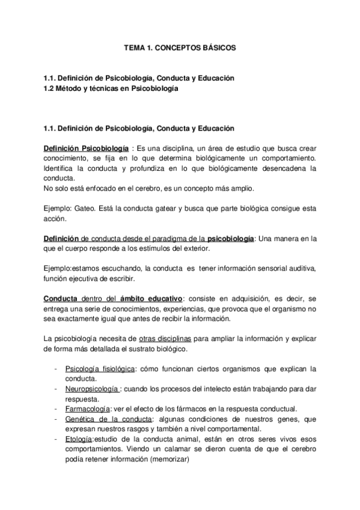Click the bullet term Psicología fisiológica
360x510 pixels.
(x=100, y=369)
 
